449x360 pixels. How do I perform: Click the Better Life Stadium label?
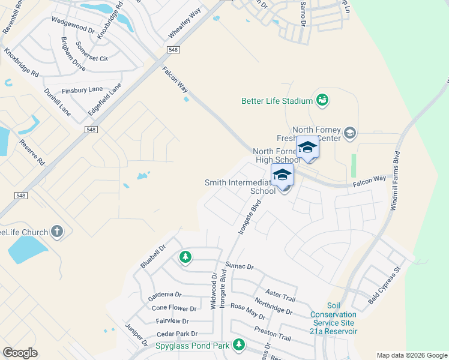pos(277,101)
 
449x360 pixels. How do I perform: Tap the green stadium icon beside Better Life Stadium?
pos(322,100)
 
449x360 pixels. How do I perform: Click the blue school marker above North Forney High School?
pos(307,148)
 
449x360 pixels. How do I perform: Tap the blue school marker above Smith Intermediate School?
pos(282,175)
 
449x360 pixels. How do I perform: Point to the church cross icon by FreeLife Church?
pos(57,231)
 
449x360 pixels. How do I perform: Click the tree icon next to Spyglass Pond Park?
pos(239,344)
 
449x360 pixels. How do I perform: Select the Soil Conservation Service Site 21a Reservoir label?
pos(333,319)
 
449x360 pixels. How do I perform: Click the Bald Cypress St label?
pos(384,284)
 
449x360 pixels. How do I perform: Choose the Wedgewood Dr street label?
pos(74,28)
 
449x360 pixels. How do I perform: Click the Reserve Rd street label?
pos(32,154)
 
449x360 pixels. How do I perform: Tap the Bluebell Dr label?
pos(152,256)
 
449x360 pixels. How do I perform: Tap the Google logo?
pos(20,353)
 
